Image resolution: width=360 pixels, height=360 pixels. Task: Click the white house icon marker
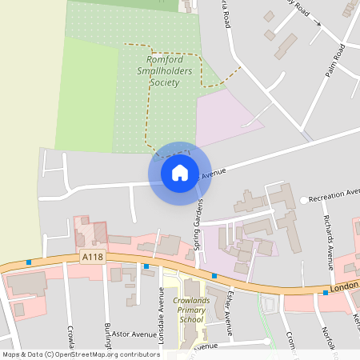point(179,172)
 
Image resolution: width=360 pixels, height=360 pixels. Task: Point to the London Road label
point(343,286)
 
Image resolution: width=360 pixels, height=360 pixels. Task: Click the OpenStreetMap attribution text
point(80,354)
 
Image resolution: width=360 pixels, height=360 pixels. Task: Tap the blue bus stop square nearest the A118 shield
point(29,262)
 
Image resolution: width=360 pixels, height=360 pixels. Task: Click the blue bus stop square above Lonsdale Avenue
point(146,266)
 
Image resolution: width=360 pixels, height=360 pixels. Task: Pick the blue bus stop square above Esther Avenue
point(214,276)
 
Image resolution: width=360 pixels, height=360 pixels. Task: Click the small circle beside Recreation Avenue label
point(303,199)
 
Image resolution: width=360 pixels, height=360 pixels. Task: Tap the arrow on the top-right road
point(318,23)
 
